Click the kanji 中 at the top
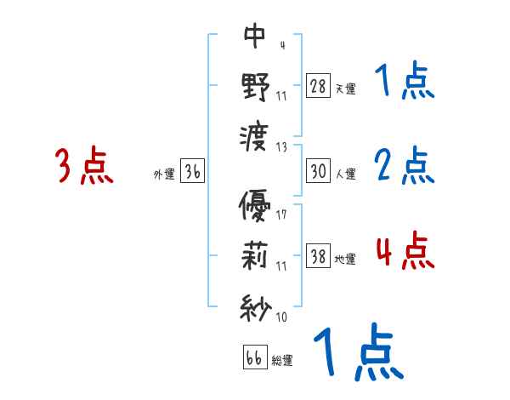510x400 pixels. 255,35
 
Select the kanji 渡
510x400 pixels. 255,136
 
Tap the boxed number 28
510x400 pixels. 319,86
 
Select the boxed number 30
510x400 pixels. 319,171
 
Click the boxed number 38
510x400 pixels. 319,256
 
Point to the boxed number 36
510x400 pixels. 192,171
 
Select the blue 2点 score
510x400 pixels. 404,165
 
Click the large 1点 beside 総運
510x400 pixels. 357,352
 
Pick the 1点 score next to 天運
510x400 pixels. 404,83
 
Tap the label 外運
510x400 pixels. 163,174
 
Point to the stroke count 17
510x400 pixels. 281,214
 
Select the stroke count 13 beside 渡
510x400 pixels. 281,146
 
